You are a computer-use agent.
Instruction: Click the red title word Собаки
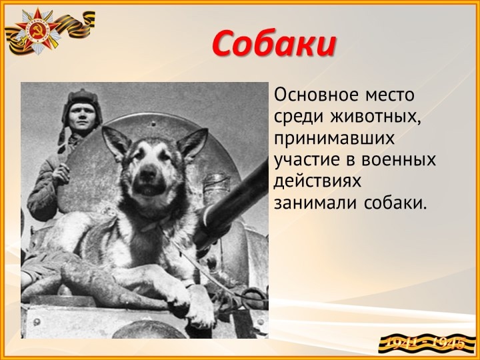tap(274, 43)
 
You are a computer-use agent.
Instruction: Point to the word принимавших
tap(334, 139)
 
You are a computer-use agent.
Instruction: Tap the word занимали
tap(315, 203)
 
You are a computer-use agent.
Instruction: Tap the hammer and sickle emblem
tap(37, 31)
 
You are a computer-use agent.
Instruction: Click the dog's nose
tap(148, 173)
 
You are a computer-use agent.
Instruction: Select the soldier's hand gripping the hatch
tap(61, 172)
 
